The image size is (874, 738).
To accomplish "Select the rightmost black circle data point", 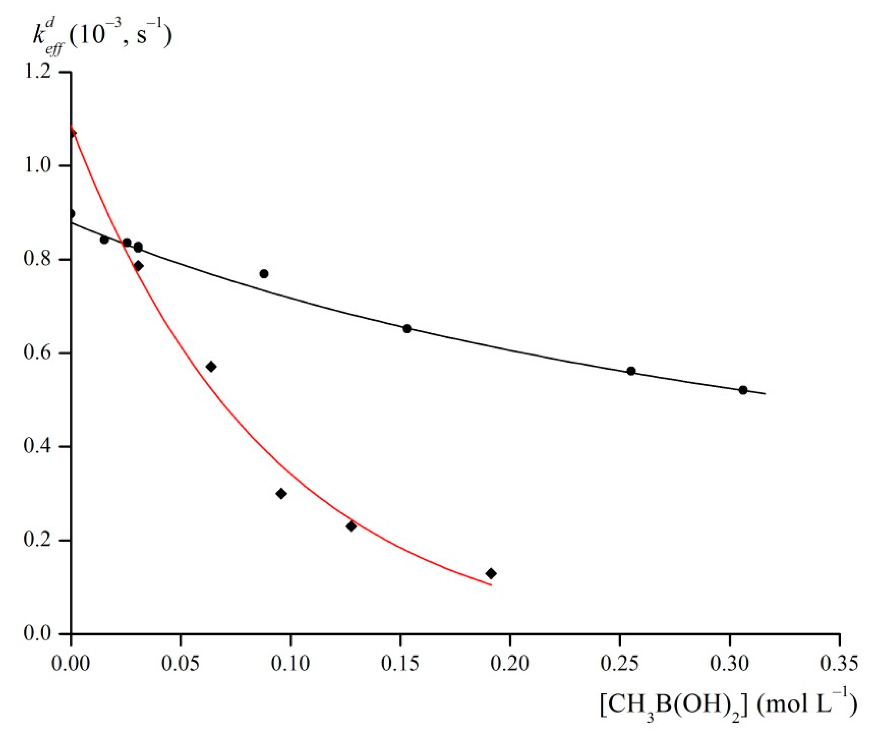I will tap(743, 390).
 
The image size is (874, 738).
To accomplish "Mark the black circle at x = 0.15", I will tap(407, 329).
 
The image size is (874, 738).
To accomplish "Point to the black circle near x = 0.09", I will tap(264, 274).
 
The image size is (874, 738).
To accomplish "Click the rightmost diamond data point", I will tap(491, 574).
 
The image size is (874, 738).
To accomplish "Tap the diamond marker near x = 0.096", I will tap(281, 493).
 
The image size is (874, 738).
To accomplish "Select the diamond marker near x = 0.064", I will tap(211, 367).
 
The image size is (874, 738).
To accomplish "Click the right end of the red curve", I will tap(491, 585).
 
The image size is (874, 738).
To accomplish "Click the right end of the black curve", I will tap(765, 394).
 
